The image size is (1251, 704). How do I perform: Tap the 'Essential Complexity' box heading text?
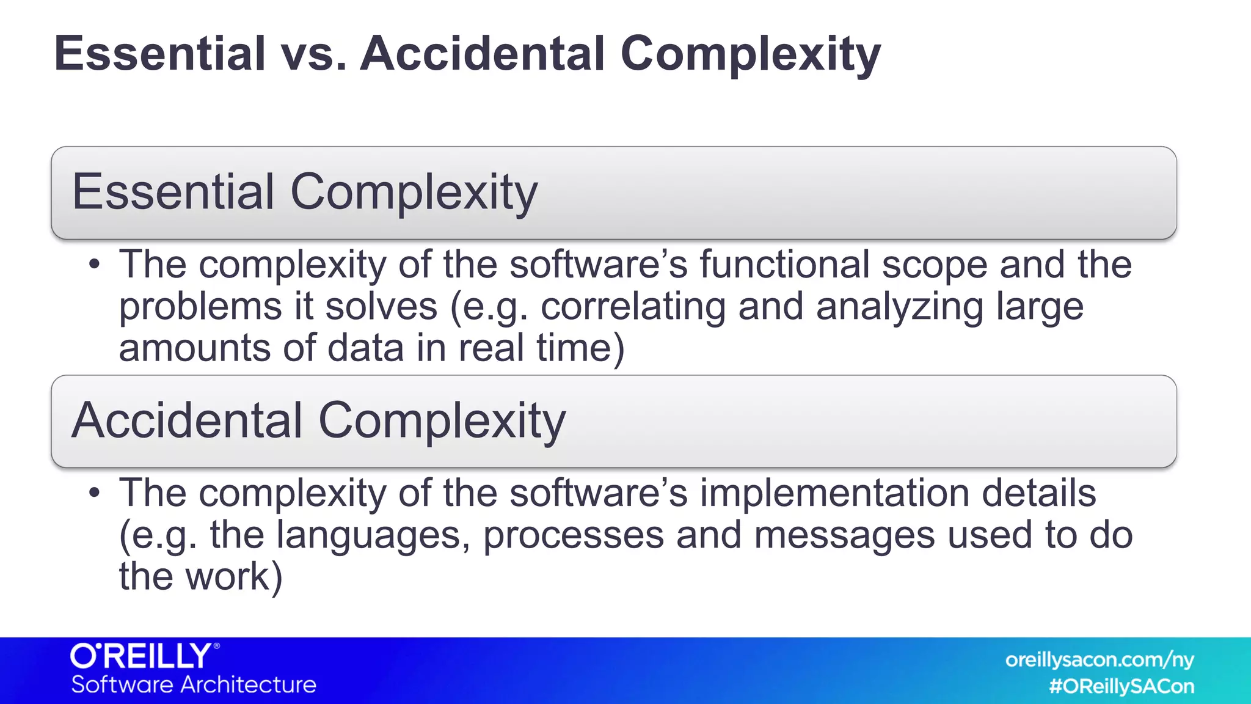304,192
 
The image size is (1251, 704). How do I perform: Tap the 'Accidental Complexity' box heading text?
318,420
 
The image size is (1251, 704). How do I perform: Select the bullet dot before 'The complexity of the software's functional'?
93,265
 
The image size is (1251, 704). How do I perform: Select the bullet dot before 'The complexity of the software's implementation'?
93,493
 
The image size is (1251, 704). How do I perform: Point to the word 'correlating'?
633,307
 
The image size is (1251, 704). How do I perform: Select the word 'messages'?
844,535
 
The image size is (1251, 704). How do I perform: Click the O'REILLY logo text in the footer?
143,656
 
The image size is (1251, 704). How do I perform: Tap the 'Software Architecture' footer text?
194,685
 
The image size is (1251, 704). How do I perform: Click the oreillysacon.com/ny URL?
1099,660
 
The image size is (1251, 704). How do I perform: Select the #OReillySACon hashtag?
1122,686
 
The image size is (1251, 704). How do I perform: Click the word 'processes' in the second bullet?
573,535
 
